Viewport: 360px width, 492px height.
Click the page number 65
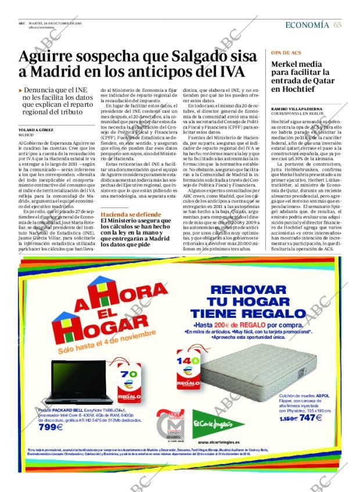pos(337,25)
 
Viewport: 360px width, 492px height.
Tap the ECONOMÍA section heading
pos(307,25)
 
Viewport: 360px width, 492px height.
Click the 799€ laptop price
pos(51,428)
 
